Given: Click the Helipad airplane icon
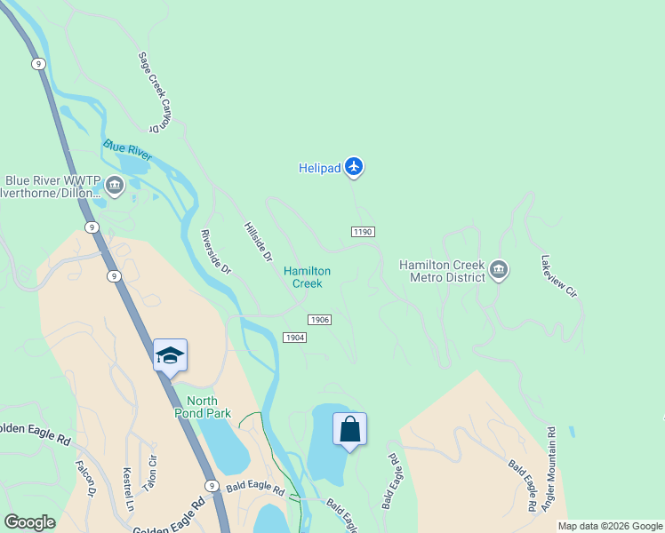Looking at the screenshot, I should [355, 166].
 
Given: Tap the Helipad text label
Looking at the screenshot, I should [318, 168].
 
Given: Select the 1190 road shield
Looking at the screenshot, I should [362, 232].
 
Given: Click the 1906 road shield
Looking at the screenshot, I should [320, 320].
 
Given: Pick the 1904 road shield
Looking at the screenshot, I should [295, 338].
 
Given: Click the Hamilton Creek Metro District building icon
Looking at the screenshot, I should [499, 270].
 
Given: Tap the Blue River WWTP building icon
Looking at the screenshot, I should [115, 186].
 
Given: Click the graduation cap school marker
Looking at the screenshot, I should [170, 355].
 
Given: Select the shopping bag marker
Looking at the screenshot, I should [350, 429].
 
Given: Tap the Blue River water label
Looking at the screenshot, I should [127, 149].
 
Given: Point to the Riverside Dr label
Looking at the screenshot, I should [215, 252].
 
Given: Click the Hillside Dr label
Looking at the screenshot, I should [257, 241].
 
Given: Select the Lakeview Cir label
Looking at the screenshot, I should [559, 276].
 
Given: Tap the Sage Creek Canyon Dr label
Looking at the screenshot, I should [153, 92].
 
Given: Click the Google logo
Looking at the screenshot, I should [29, 522].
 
